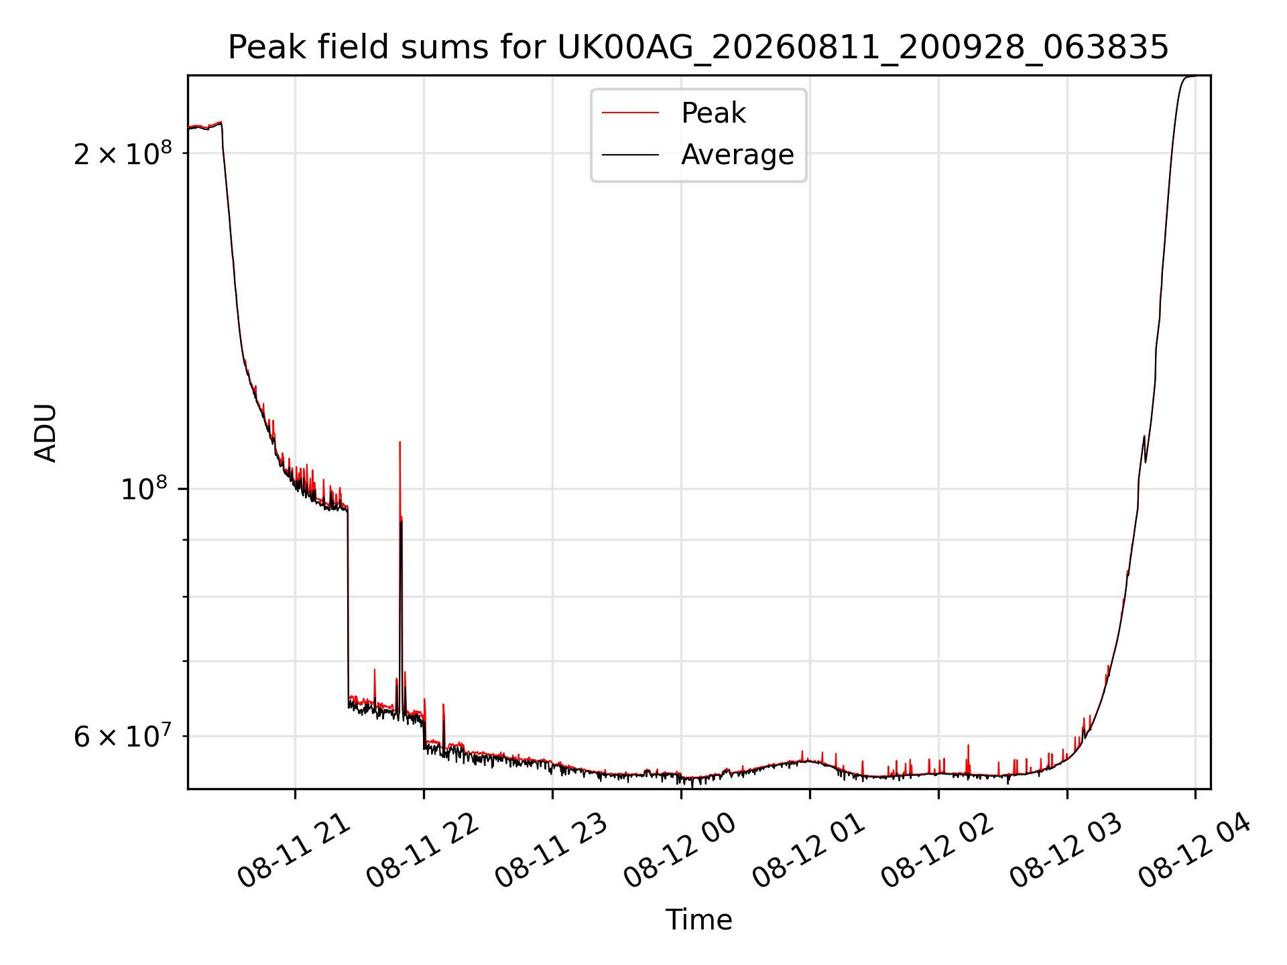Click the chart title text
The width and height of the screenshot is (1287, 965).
pyautogui.click(x=698, y=48)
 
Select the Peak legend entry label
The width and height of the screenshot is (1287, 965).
pyautogui.click(x=713, y=113)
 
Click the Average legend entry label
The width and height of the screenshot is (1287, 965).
pyautogui.click(x=737, y=155)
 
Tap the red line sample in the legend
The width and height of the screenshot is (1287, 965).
pyautogui.click(x=630, y=113)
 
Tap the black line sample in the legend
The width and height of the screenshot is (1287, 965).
pyautogui.click(x=630, y=155)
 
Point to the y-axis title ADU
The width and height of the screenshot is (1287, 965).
pyautogui.click(x=46, y=432)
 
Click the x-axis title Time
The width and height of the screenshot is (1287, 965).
pyautogui.click(x=698, y=919)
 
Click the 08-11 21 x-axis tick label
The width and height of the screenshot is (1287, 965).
pyautogui.click(x=295, y=851)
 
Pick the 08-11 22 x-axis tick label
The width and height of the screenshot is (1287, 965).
pyautogui.click(x=424, y=851)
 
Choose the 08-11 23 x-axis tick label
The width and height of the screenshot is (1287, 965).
pyautogui.click(x=552, y=851)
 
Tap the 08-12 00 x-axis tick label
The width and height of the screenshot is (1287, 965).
pyautogui.click(x=681, y=851)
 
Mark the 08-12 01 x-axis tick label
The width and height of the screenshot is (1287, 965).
pyautogui.click(x=810, y=851)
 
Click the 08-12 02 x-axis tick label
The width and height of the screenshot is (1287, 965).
pyautogui.click(x=938, y=851)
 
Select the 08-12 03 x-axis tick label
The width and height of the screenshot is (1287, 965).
pyautogui.click(x=1067, y=851)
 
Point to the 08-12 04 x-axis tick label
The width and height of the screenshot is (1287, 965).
pyautogui.click(x=1196, y=851)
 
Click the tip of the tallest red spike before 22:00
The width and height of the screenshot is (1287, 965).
pyautogui.click(x=400, y=442)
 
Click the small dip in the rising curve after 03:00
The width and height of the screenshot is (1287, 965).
pyautogui.click(x=1146, y=461)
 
